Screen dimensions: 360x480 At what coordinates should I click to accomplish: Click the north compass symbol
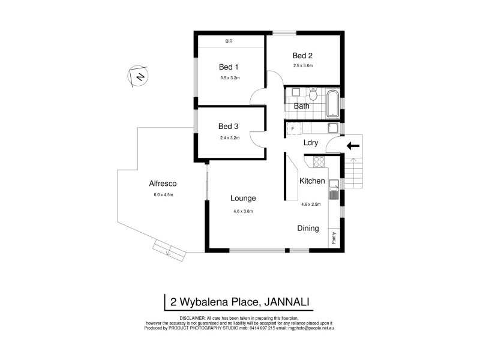(x=139, y=76)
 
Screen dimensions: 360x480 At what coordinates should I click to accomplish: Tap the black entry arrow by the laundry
(x=353, y=145)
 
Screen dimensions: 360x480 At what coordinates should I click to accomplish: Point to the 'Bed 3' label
(x=228, y=126)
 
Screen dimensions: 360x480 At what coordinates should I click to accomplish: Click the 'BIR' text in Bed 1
(x=229, y=41)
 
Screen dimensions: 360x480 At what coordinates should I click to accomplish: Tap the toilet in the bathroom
(x=313, y=96)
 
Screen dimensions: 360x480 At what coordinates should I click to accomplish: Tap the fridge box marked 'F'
(x=293, y=128)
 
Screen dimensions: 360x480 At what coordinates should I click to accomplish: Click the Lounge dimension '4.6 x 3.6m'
(x=243, y=211)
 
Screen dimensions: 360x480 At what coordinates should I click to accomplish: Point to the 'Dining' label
(x=308, y=228)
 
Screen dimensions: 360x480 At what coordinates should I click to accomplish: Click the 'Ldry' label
(x=311, y=143)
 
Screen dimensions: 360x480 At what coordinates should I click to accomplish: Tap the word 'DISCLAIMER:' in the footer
(x=191, y=317)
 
